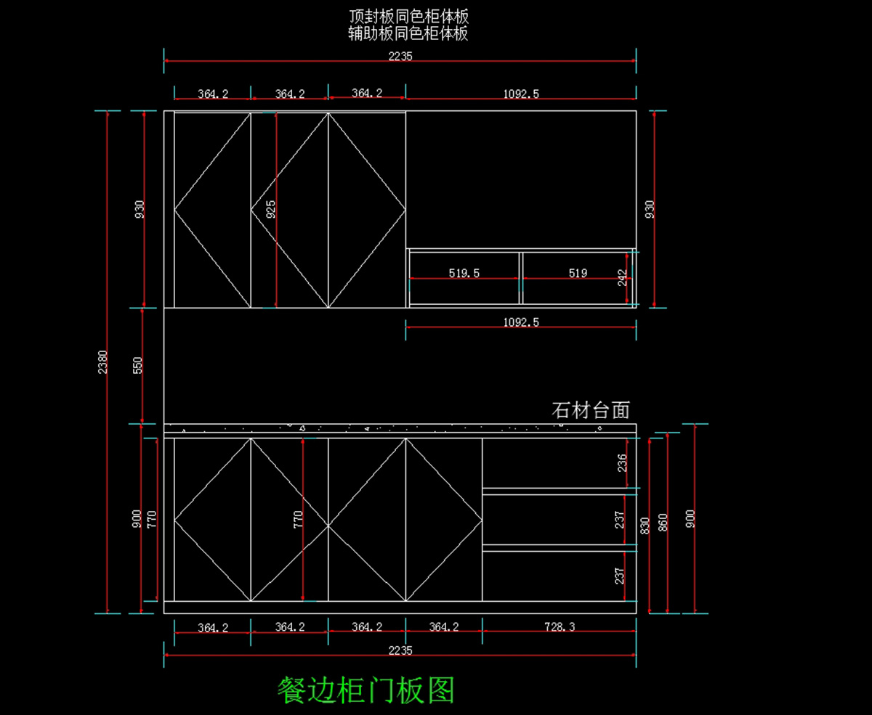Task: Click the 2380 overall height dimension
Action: point(103,361)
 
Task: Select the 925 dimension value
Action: point(271,209)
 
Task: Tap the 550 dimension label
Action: point(138,364)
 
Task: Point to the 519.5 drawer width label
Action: point(464,274)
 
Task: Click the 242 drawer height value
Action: point(623,277)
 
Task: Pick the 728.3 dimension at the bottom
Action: point(559,627)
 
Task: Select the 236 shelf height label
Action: point(622,462)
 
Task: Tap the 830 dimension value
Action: point(645,526)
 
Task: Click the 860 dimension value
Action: point(663,523)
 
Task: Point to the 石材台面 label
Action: point(590,411)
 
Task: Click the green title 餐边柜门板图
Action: point(366,690)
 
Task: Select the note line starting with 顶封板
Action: point(408,17)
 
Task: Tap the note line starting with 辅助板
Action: point(408,33)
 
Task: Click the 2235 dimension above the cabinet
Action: point(400,56)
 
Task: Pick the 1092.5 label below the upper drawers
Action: point(521,322)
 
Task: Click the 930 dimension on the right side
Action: point(650,209)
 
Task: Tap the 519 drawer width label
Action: point(578,274)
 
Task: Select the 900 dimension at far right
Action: point(690,518)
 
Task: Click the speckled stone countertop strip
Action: point(400,428)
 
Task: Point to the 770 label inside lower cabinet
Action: point(299,518)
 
